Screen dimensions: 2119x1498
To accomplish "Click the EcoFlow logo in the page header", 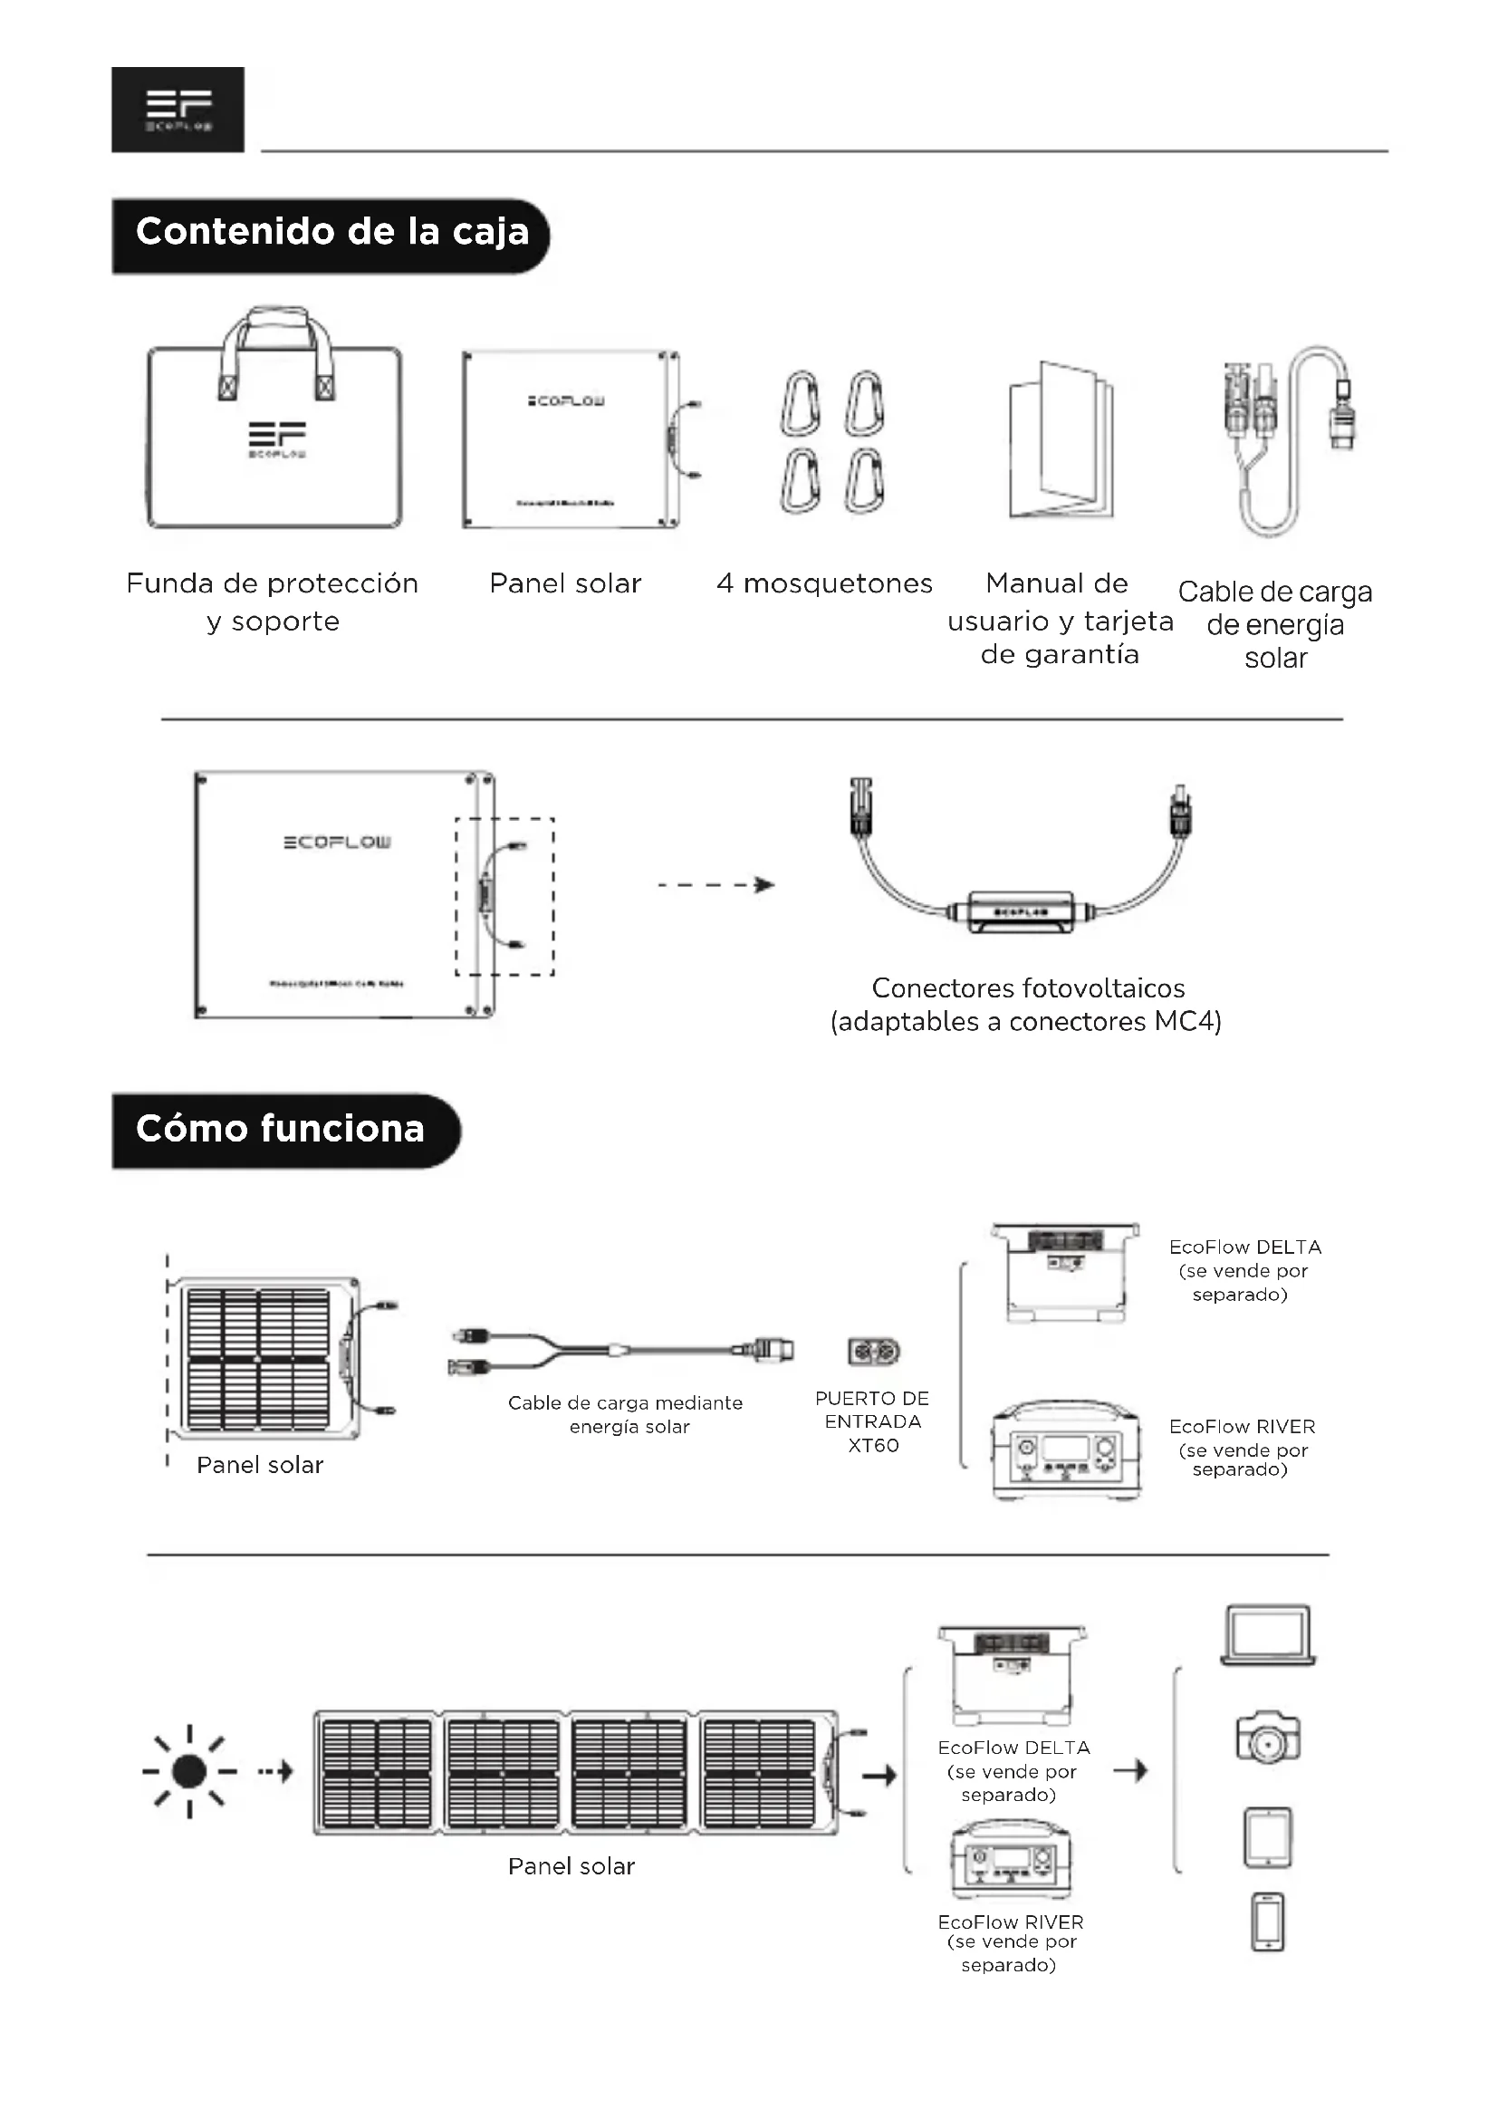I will click(x=178, y=109).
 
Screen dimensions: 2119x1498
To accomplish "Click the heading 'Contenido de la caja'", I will click(x=332, y=233).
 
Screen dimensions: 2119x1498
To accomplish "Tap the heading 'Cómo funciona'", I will click(x=281, y=1130).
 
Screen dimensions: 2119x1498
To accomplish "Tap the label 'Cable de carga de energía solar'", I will click(x=1275, y=624).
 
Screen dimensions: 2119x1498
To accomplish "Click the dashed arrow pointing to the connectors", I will click(x=715, y=885).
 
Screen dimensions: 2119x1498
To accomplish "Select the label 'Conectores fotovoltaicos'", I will click(x=1028, y=988).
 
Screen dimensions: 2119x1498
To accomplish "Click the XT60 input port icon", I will click(x=873, y=1352).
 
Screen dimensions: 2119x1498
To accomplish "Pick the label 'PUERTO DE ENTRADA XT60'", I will click(x=872, y=1421).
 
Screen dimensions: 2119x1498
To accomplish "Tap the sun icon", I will click(x=189, y=1771).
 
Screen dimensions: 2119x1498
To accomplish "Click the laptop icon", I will click(x=1268, y=1634).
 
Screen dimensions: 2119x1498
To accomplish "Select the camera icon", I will click(x=1268, y=1737).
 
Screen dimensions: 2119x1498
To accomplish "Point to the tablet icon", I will click(x=1268, y=1837).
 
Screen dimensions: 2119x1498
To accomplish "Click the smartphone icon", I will click(x=1268, y=1922).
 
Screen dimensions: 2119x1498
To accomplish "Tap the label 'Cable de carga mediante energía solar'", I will click(x=628, y=1414).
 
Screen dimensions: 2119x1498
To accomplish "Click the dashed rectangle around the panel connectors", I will click(x=504, y=896).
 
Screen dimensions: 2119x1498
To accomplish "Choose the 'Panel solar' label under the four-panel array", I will click(x=571, y=1866).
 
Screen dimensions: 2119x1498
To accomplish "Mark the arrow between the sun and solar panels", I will click(x=275, y=1771).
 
